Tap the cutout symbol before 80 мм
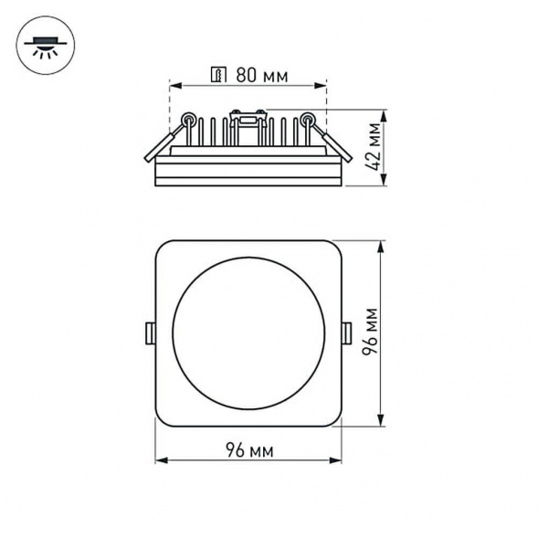pyautogui.click(x=218, y=75)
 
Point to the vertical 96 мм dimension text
pyautogui.click(x=371, y=333)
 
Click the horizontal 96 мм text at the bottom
pyautogui.click(x=248, y=450)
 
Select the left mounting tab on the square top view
pyautogui.click(x=149, y=333)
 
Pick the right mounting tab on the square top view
pyautogui.click(x=348, y=333)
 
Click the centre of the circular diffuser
pyautogui.click(x=248, y=333)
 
